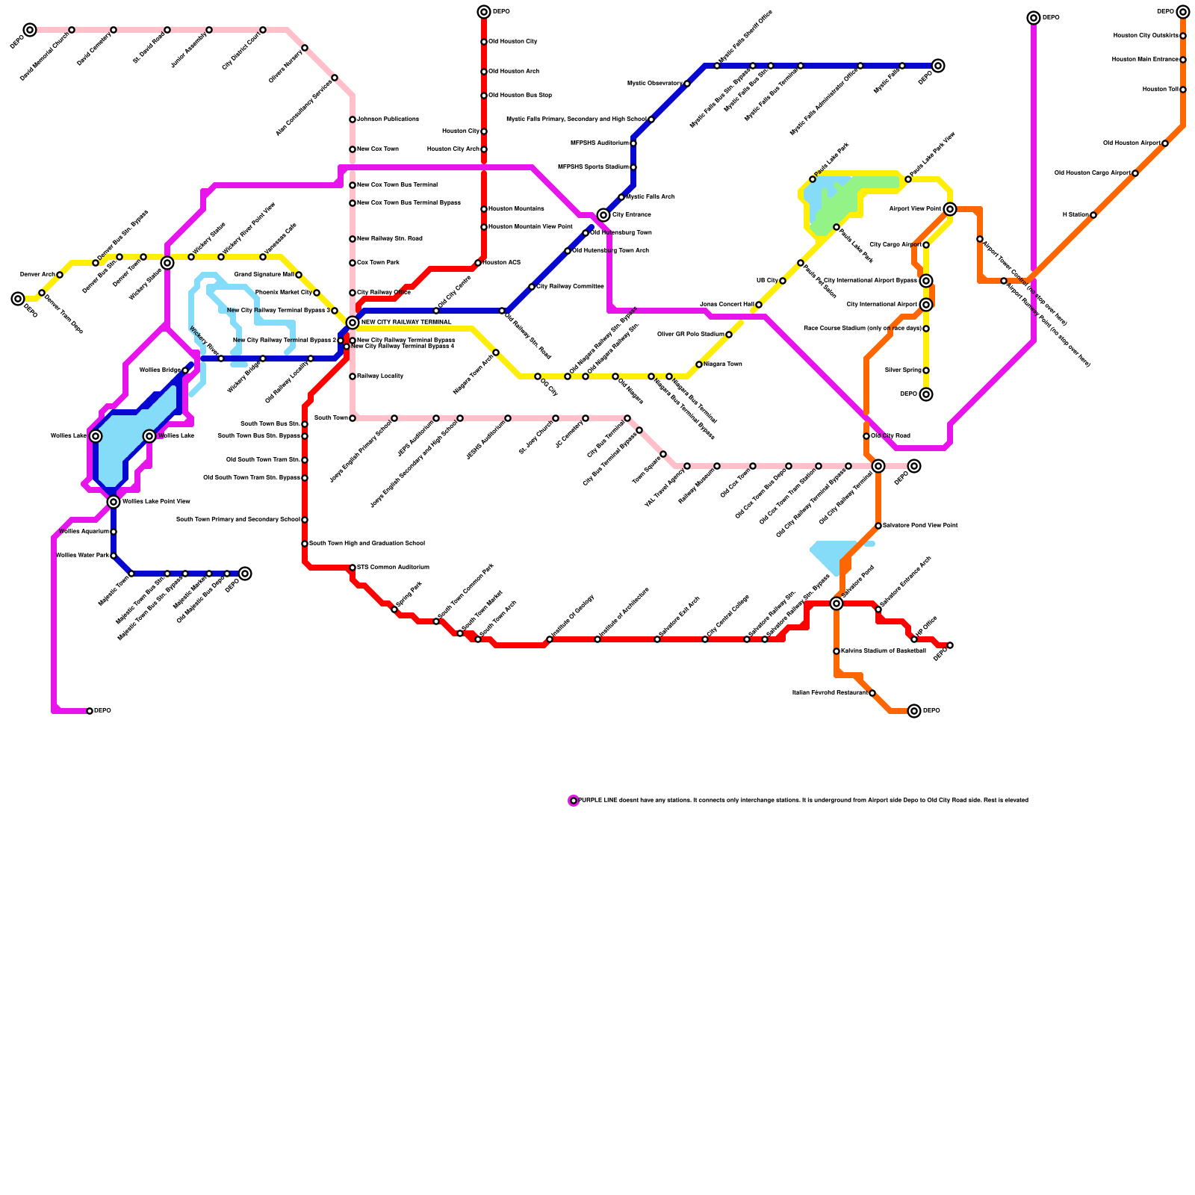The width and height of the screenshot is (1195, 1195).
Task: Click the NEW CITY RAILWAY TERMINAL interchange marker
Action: tap(353, 323)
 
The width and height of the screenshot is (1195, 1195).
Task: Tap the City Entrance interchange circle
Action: tap(603, 215)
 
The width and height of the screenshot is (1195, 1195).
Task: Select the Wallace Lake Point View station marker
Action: tap(114, 502)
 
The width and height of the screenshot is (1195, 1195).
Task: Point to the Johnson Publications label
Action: tap(388, 119)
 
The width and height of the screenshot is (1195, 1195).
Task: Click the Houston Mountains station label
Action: tap(516, 209)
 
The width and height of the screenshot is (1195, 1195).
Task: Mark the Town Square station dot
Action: tap(663, 454)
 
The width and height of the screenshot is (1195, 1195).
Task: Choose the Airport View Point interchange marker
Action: tap(950, 209)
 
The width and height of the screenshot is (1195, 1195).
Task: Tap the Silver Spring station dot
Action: tap(926, 370)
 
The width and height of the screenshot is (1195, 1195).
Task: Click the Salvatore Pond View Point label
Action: tap(920, 526)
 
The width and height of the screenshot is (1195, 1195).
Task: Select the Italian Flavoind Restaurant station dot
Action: tap(872, 693)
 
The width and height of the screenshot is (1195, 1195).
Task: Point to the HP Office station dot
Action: tap(914, 639)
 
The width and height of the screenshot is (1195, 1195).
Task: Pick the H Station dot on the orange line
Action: tap(1093, 215)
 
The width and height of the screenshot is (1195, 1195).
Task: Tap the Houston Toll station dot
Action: tap(1183, 90)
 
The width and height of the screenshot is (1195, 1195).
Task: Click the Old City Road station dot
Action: tap(866, 436)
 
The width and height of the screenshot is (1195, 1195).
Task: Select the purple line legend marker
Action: tap(574, 801)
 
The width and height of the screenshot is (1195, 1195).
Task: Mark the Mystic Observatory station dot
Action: tap(687, 84)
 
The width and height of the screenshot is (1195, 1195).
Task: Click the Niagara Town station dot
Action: tap(699, 364)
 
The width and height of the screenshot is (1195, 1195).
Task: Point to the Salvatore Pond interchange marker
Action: tap(836, 603)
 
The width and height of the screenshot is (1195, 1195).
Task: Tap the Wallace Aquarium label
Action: tap(84, 532)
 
